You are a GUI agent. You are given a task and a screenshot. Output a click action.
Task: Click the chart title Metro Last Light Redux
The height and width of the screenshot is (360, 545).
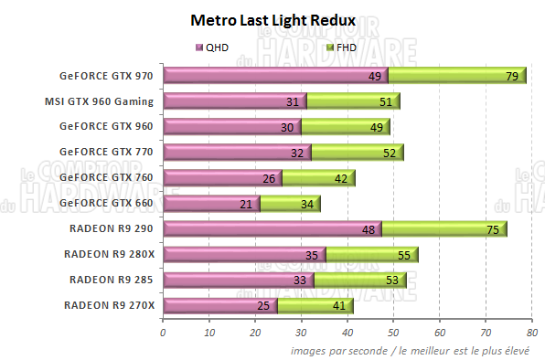(x=272, y=19)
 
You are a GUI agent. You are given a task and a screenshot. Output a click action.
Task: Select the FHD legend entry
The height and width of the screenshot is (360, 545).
(x=342, y=47)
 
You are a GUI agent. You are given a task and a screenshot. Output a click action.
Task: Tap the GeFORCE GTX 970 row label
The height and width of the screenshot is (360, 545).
(x=107, y=76)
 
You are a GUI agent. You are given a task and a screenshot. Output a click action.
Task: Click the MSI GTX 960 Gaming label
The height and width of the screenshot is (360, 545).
(x=99, y=101)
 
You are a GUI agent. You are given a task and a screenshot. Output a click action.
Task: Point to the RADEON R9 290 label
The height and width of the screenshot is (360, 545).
(x=112, y=228)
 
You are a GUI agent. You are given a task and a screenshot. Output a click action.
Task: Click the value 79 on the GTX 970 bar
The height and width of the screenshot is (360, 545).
(x=512, y=77)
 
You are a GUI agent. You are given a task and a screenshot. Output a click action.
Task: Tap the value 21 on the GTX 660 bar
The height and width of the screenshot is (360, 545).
(x=246, y=204)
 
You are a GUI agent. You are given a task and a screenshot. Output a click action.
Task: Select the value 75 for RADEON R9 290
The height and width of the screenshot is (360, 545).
(x=493, y=229)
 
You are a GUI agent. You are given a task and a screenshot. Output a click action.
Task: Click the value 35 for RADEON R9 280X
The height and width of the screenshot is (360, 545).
(x=311, y=255)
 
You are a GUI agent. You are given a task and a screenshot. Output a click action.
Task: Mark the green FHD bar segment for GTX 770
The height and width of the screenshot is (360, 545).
(x=357, y=153)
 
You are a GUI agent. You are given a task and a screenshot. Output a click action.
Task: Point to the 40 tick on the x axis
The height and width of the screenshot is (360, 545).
(x=347, y=332)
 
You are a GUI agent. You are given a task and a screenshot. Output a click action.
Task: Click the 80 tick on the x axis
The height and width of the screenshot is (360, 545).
(x=531, y=332)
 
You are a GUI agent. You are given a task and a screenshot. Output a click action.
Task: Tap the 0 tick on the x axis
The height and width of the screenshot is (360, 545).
(x=163, y=332)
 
